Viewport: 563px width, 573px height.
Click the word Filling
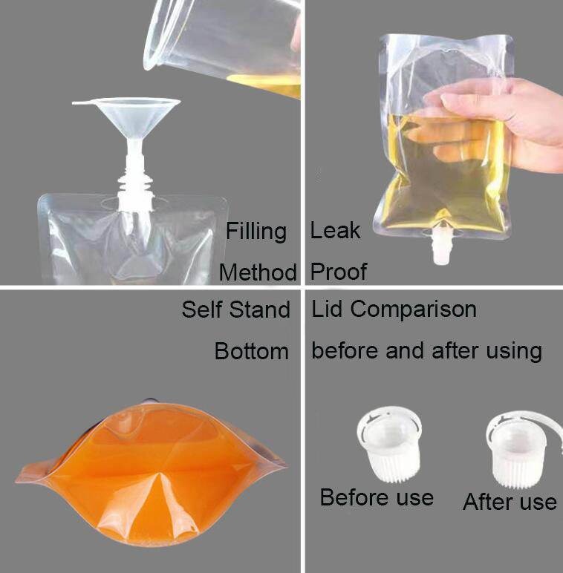pyautogui.click(x=256, y=232)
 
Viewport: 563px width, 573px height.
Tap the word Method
pyautogui.click(x=258, y=272)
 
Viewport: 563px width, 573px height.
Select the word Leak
pyautogui.click(x=335, y=230)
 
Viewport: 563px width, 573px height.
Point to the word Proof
pyautogui.click(x=339, y=272)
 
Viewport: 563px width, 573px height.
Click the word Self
pyautogui.click(x=202, y=310)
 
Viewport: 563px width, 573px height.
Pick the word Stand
pyautogui.click(x=259, y=310)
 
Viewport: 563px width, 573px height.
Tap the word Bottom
pyautogui.click(x=252, y=351)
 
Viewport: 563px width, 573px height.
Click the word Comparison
pyautogui.click(x=414, y=310)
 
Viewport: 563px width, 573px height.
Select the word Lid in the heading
pyautogui.click(x=328, y=309)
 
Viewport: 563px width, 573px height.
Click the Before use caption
pyautogui.click(x=377, y=497)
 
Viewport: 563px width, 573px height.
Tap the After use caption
pyautogui.click(x=510, y=501)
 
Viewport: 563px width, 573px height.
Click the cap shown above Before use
pyautogui.click(x=390, y=445)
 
